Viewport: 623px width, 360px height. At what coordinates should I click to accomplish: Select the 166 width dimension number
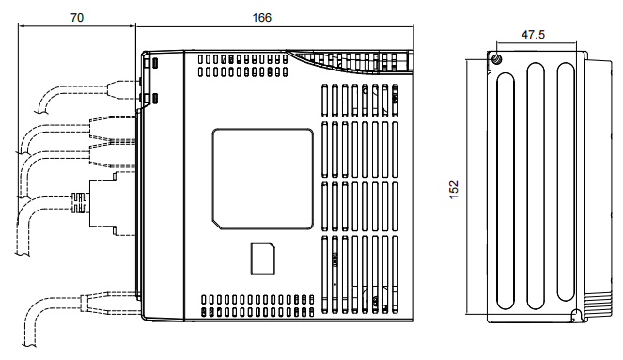263,16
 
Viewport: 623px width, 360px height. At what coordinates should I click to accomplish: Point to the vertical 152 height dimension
451,188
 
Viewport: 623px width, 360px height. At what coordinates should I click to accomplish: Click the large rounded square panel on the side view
262,179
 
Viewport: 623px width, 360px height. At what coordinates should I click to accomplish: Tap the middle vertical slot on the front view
535,188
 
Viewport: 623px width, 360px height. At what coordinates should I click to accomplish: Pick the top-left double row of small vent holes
240,64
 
